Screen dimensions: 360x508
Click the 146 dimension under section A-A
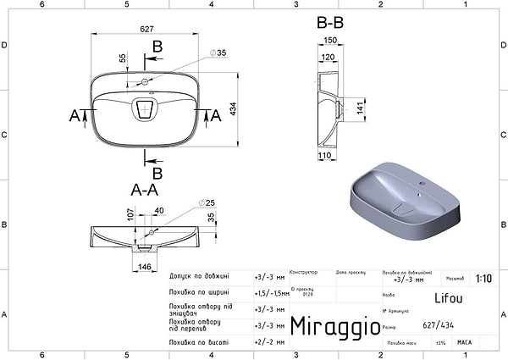(x=145, y=267)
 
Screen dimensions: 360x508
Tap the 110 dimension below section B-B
(x=324, y=157)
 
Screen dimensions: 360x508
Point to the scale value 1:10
(x=483, y=278)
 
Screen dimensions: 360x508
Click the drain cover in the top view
(x=146, y=108)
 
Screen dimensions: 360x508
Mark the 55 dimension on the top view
(x=122, y=59)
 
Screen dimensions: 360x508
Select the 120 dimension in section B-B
(x=327, y=57)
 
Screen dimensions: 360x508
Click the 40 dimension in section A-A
(x=158, y=211)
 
